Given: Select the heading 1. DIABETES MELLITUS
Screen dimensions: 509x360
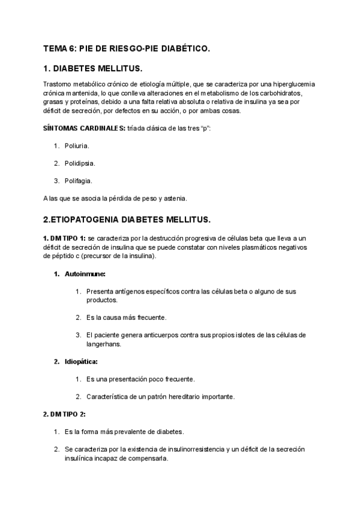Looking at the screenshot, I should [x=93, y=70].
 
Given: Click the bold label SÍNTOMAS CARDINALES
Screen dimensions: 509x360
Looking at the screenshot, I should [x=84, y=128].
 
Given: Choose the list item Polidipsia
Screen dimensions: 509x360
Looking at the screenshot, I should [x=80, y=163].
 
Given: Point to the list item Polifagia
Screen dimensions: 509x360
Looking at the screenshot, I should [x=79, y=181].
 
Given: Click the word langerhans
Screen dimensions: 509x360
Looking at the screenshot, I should [x=104, y=344].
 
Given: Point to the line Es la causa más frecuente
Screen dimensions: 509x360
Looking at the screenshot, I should [x=126, y=318].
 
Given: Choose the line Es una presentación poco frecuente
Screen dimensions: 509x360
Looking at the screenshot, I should [x=140, y=379].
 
